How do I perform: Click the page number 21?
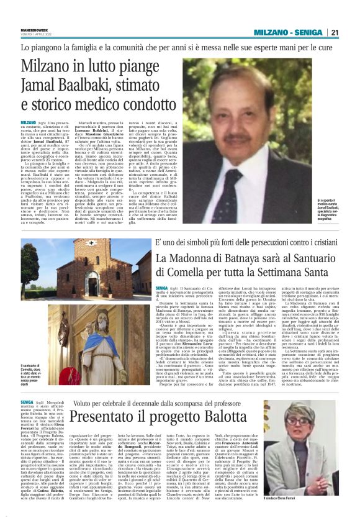[351, 32]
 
